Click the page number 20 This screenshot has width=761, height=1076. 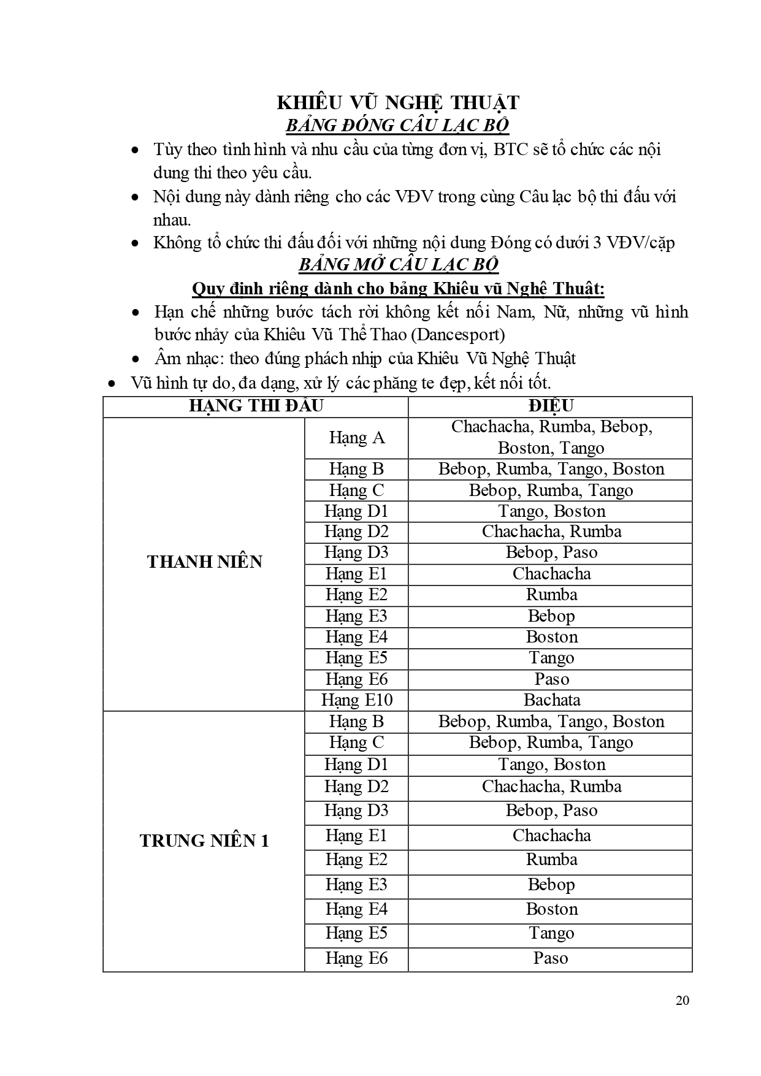tap(682, 1001)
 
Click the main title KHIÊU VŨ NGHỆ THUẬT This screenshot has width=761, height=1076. tap(398, 102)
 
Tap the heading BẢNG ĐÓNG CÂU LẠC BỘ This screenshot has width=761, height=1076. tap(398, 126)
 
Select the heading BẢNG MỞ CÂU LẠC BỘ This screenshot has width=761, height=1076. tap(398, 265)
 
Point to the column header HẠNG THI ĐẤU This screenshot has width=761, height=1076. tap(256, 406)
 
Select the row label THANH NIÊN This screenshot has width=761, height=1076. tap(204, 562)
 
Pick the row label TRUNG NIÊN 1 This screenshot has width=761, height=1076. tap(204, 841)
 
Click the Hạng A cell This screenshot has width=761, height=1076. tap(356, 438)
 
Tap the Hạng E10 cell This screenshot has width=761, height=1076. tap(356, 700)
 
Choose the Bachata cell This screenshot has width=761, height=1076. tap(551, 700)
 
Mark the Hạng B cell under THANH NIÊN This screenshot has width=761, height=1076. tap(356, 470)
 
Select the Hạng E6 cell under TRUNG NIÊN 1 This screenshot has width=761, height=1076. tap(356, 958)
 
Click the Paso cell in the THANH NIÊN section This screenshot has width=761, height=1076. tap(551, 679)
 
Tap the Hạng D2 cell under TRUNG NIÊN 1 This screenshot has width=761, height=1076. tap(356, 787)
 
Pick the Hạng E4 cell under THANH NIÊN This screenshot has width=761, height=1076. tap(356, 637)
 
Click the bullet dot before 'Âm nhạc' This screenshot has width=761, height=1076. tap(136, 359)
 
